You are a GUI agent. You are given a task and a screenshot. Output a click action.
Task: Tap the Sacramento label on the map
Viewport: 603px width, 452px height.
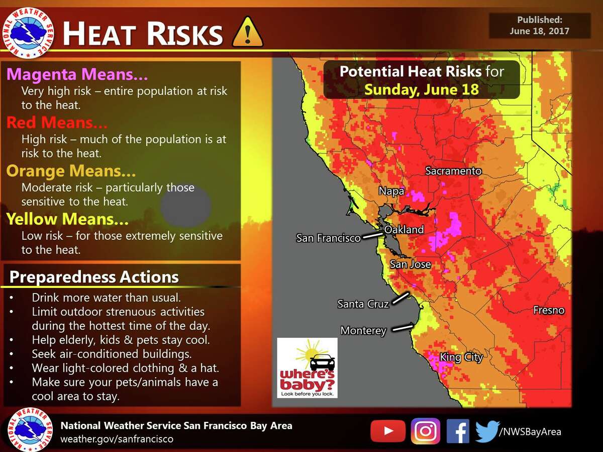[x=453, y=171]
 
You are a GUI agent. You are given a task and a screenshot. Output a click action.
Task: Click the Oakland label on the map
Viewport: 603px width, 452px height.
[x=404, y=230]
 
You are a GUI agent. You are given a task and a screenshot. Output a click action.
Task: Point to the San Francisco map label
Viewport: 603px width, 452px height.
[x=328, y=238]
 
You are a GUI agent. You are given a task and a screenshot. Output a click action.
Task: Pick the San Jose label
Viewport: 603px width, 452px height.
[x=411, y=264]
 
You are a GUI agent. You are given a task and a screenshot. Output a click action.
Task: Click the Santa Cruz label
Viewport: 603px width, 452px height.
[x=363, y=304]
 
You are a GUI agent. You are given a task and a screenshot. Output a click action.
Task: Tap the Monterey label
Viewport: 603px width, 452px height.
[x=363, y=331]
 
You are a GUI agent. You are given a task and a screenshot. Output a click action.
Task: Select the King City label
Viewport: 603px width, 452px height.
[x=461, y=357]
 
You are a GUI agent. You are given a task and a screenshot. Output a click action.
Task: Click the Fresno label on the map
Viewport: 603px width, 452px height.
[x=549, y=311]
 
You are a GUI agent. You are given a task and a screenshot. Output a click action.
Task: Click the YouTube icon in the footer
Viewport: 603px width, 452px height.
[x=387, y=431]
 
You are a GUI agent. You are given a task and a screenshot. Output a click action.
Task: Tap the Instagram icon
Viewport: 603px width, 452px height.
[x=425, y=431]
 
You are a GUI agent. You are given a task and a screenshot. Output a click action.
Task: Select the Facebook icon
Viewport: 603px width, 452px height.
[x=457, y=431]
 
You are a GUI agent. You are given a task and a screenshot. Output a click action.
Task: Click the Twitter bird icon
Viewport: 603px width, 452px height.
[x=487, y=431]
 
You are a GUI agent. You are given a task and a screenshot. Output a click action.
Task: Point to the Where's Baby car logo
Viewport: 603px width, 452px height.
[x=307, y=368]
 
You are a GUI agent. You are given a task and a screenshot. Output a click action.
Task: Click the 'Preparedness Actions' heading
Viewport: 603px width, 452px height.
[x=94, y=277]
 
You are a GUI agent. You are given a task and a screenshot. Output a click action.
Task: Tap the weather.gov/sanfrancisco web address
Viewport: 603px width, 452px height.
[x=117, y=439]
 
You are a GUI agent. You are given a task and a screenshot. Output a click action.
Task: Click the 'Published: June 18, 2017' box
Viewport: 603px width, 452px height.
[x=540, y=26]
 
